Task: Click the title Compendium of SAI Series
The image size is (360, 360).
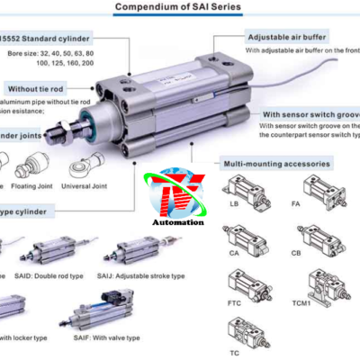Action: (x=181, y=6)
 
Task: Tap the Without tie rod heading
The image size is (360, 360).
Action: (x=36, y=89)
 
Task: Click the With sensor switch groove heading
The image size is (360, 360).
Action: (x=310, y=115)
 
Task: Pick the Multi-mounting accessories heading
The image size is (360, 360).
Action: (x=279, y=164)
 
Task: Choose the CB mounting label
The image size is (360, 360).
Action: (x=320, y=255)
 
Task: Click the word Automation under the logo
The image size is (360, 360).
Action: (x=179, y=220)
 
